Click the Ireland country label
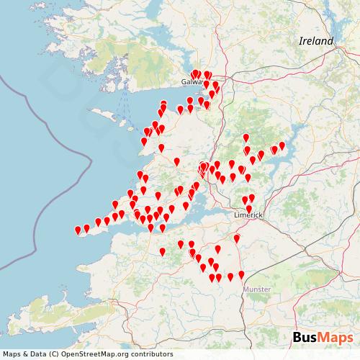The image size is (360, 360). [316, 41]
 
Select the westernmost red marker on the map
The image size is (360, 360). [78, 230]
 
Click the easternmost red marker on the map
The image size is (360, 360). [282, 146]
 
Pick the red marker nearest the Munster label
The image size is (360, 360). [241, 274]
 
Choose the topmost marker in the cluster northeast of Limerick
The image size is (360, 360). [246, 137]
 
